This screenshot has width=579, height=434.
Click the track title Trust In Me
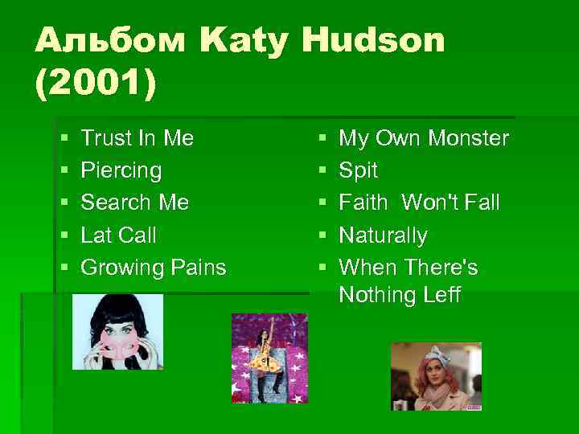(x=138, y=138)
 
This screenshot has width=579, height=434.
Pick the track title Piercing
(x=121, y=170)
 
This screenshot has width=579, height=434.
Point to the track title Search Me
(x=135, y=203)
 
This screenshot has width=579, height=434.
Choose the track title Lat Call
(x=119, y=235)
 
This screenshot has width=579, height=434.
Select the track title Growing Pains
(x=154, y=267)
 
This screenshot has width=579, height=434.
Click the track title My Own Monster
(x=424, y=138)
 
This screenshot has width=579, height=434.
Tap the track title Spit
(x=358, y=170)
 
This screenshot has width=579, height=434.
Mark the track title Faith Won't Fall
(x=419, y=203)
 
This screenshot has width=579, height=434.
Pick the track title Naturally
(x=383, y=235)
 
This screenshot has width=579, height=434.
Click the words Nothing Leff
(x=400, y=295)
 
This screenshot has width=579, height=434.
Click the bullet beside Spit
(x=321, y=171)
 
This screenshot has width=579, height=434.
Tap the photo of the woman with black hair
(x=117, y=331)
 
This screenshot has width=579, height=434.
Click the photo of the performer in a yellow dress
(x=269, y=358)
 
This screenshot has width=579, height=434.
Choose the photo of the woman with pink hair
(x=436, y=376)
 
